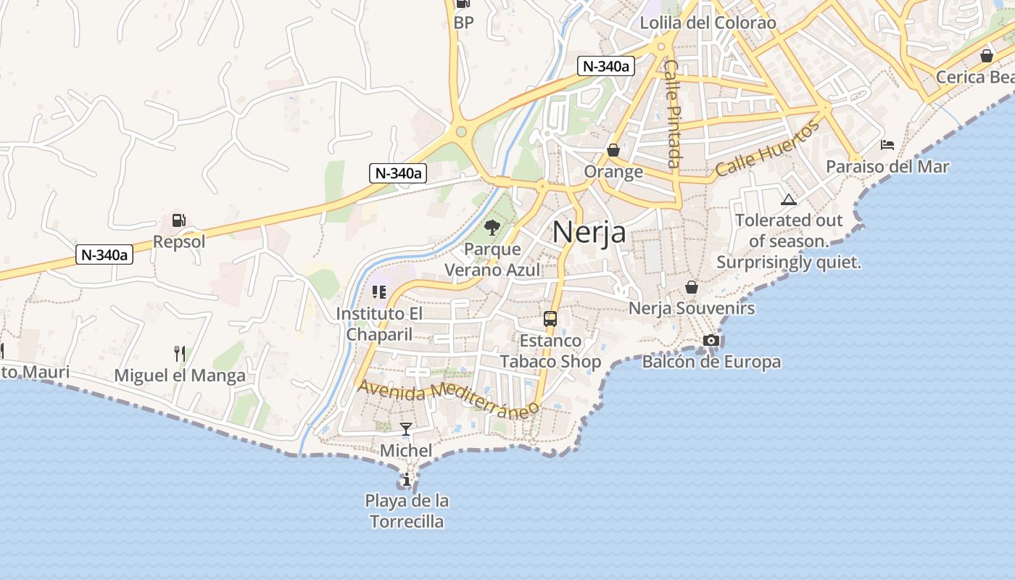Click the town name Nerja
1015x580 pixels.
(x=589, y=232)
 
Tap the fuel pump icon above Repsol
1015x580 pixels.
(x=178, y=220)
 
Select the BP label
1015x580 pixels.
(x=463, y=22)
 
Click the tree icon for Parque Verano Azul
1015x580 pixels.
(x=492, y=228)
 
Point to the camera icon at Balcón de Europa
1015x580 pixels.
(x=711, y=340)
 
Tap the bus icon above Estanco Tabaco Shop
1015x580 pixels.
(x=550, y=318)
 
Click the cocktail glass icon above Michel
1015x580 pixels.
(x=406, y=428)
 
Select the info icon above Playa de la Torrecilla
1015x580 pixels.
(x=407, y=479)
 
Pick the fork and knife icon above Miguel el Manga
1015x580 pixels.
(x=180, y=354)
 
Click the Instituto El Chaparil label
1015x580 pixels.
(x=379, y=324)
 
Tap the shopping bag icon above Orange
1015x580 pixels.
(x=613, y=150)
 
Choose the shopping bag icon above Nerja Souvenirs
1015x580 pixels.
(x=692, y=287)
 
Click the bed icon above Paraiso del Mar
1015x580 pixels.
(x=887, y=145)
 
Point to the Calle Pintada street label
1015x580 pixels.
(x=674, y=114)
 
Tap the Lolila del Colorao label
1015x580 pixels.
(x=708, y=23)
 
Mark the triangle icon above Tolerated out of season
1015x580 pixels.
(x=789, y=199)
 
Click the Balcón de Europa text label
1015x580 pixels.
(x=711, y=362)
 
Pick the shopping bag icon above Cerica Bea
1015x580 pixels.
(x=986, y=56)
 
